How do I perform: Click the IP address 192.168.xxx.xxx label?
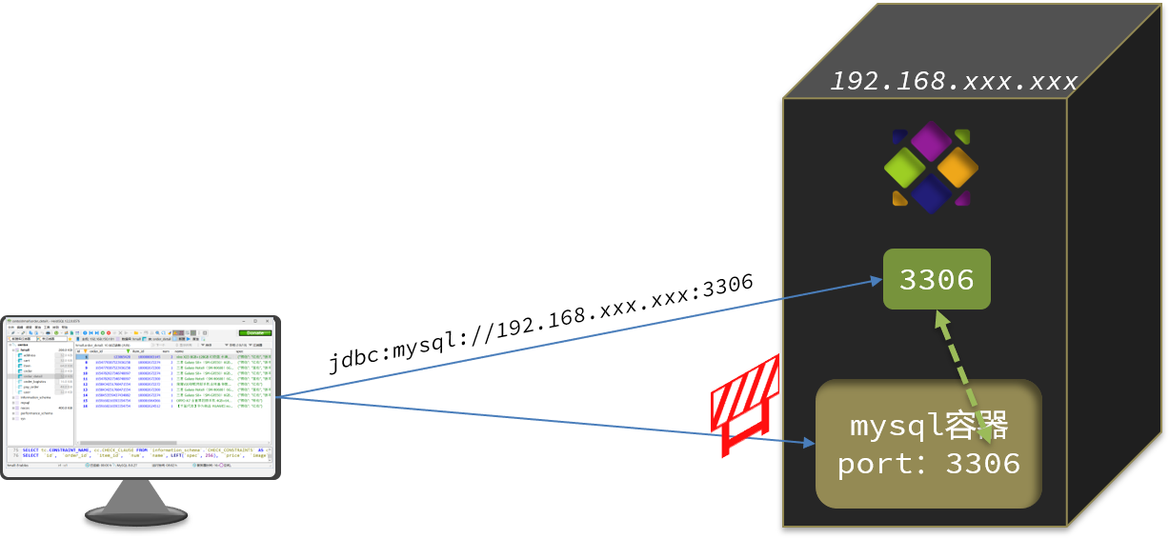click(x=953, y=82)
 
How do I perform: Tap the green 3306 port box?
click(x=937, y=279)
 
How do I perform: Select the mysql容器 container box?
click(x=928, y=444)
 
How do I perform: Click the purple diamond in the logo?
click(x=931, y=141)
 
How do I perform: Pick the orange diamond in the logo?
click(x=957, y=168)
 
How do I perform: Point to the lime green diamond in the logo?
click(x=904, y=168)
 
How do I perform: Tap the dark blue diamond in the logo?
click(x=931, y=193)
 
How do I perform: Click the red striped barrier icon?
click(x=745, y=406)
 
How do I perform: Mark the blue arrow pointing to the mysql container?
click(x=543, y=420)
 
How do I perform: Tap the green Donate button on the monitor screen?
click(x=254, y=332)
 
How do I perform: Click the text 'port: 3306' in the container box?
click(x=928, y=465)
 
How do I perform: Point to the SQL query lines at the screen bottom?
click(x=143, y=452)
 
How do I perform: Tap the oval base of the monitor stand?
click(x=135, y=516)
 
